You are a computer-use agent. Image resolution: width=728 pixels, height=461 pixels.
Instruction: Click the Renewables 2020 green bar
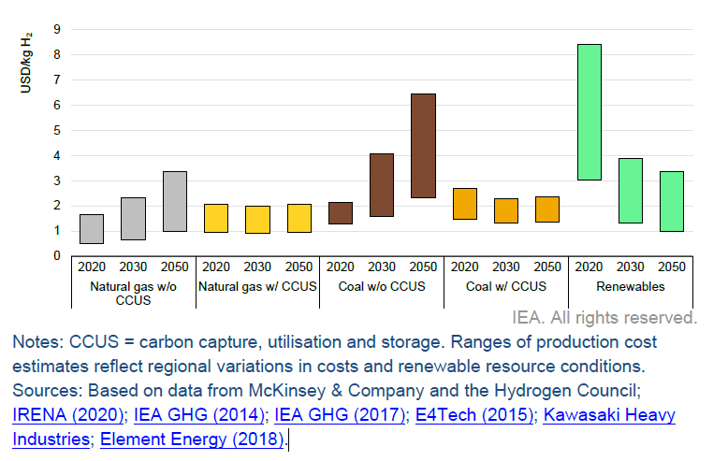coord(589,111)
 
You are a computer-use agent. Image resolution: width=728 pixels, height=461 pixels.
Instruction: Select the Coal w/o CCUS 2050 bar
coord(423,146)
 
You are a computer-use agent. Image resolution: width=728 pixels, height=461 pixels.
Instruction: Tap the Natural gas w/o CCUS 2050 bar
coord(174,201)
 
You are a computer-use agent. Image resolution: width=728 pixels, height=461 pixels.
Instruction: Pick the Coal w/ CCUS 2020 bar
coord(465,204)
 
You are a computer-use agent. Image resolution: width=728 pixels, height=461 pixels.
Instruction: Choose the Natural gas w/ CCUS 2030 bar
coord(257,220)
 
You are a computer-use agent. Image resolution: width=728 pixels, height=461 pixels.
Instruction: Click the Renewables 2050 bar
coord(671,201)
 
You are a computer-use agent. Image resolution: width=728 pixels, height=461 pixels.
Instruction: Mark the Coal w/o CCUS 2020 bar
coord(341,213)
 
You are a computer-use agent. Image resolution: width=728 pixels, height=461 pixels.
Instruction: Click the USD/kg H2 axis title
coord(28,62)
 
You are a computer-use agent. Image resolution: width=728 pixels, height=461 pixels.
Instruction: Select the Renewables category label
coord(630,286)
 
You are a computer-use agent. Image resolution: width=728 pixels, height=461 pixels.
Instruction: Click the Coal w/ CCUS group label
coord(506,286)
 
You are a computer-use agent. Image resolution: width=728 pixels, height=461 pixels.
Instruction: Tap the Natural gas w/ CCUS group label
coord(257,286)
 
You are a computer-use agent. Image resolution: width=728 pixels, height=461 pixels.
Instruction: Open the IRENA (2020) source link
coord(67,414)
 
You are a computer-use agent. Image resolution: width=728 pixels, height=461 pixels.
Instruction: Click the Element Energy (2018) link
coord(191,438)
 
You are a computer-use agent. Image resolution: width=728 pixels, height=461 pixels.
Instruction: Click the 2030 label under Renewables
coord(630,267)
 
